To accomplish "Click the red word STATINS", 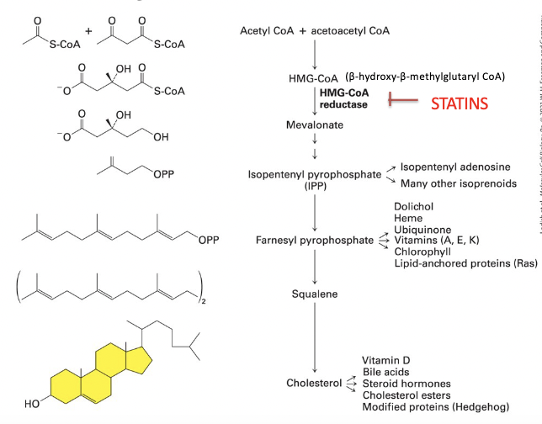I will [x=465, y=103].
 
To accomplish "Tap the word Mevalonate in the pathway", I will [x=316, y=125].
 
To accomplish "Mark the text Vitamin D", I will [x=387, y=359].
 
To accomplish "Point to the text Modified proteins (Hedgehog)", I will [x=435, y=406].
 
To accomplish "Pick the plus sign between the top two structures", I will [x=88, y=34].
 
